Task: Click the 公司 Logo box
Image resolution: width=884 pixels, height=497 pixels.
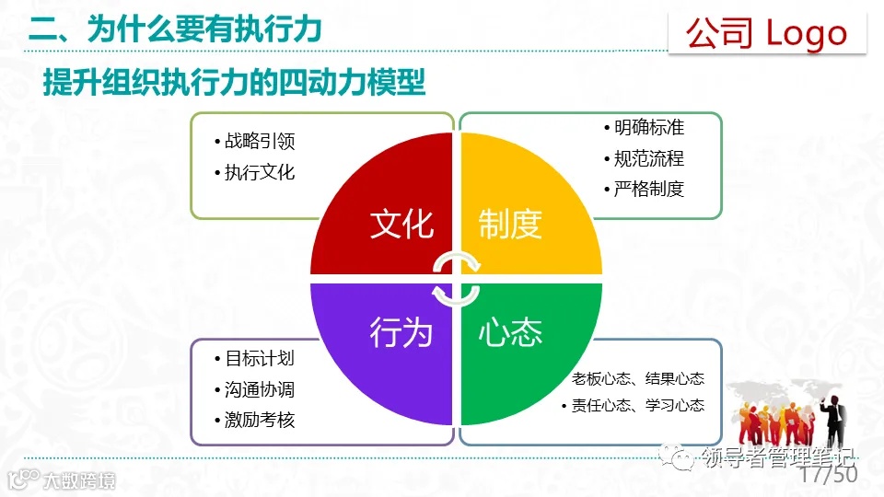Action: (x=767, y=33)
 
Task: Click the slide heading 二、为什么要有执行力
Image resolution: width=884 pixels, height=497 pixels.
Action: (x=175, y=29)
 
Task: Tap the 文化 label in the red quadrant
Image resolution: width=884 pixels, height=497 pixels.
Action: (x=401, y=224)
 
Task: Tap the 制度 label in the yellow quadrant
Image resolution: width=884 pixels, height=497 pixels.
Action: (x=510, y=224)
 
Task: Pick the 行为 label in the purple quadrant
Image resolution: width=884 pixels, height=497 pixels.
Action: (x=401, y=332)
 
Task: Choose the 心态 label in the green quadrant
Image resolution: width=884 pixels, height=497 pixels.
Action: (x=510, y=332)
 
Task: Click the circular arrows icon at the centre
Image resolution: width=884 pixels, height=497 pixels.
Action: (x=456, y=278)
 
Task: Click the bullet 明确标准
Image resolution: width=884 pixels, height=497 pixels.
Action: (x=649, y=128)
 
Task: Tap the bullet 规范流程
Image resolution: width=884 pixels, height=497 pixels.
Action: (x=649, y=158)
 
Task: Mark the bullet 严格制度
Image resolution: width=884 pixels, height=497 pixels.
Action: (x=649, y=189)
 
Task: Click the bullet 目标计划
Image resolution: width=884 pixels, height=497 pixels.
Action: (x=260, y=359)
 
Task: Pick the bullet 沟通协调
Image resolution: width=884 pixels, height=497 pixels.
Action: (x=260, y=389)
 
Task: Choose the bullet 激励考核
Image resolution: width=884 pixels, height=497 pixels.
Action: (x=260, y=420)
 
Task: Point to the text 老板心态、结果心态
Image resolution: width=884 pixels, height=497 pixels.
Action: (x=637, y=378)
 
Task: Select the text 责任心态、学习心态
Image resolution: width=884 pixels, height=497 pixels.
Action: (x=637, y=405)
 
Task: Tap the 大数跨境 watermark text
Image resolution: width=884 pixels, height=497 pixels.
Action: (x=81, y=480)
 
